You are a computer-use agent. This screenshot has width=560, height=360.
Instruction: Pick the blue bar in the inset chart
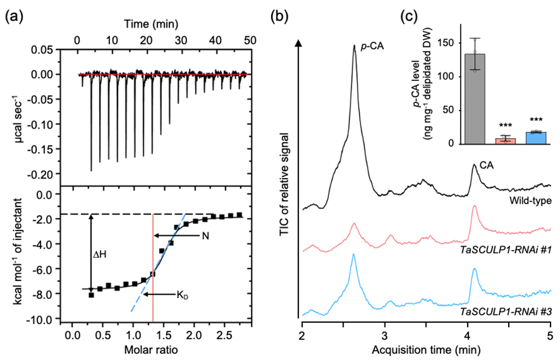click(x=535, y=138)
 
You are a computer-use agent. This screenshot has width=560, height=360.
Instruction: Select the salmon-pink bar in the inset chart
click(x=506, y=141)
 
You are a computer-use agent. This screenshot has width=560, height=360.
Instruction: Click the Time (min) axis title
click(x=150, y=24)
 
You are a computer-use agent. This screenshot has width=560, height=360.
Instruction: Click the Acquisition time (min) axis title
click(x=426, y=351)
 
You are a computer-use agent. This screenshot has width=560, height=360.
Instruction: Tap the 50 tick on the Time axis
click(x=250, y=40)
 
